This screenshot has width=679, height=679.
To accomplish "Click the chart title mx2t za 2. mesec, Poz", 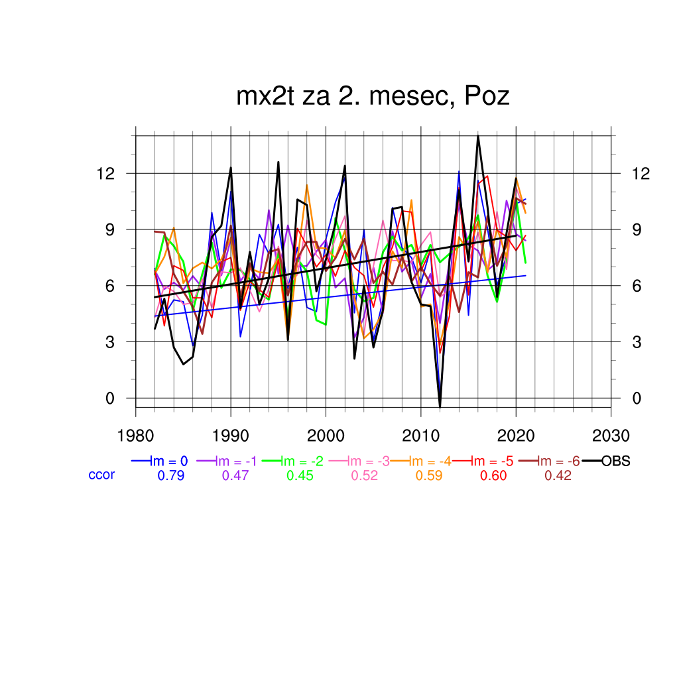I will click(x=373, y=97).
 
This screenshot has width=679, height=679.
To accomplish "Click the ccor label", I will click(x=101, y=475).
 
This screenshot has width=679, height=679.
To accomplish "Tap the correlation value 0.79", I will click(x=171, y=475).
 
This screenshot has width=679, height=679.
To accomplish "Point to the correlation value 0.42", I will click(x=558, y=475).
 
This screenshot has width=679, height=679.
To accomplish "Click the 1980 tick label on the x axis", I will click(x=136, y=436).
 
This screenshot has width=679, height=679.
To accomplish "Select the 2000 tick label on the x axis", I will click(x=326, y=436).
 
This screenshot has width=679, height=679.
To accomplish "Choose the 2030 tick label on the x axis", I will click(x=611, y=436).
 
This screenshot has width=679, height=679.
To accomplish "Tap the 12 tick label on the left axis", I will click(x=107, y=173).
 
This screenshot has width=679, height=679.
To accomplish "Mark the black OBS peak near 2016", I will click(x=477, y=136).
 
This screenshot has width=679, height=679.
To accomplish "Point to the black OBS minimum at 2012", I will click(x=440, y=406).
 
